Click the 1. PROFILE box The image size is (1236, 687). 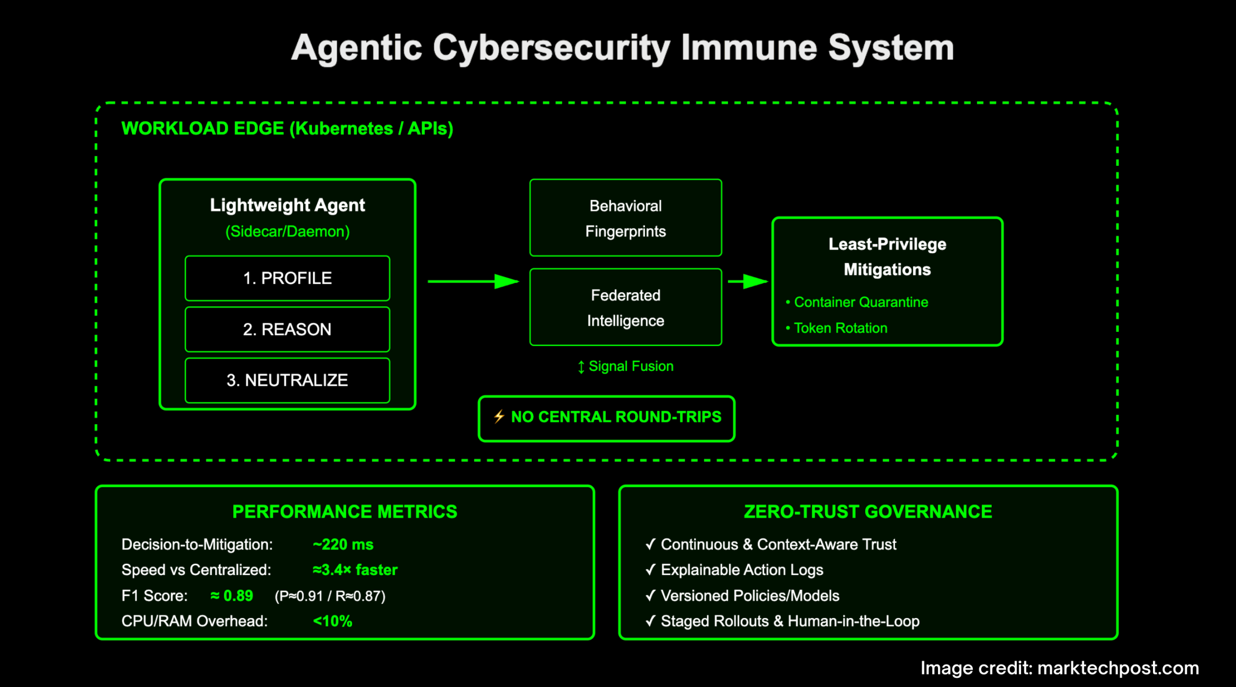pos(287,278)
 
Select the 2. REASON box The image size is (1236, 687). pos(287,329)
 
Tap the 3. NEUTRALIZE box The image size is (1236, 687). pos(287,380)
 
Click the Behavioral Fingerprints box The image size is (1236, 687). pos(625,218)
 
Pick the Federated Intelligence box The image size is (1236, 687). pos(625,308)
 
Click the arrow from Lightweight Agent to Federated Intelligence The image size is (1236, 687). pos(473,281)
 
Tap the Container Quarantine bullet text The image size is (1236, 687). pos(861,302)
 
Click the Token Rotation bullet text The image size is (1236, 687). pos(840,329)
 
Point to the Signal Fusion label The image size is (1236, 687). pos(630,366)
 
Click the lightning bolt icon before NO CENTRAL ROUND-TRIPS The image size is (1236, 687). pos(499,416)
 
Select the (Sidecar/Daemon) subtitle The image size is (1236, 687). pos(287,231)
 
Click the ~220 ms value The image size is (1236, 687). pos(343,544)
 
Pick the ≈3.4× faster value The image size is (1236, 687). pos(355,570)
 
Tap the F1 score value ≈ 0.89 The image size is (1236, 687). pos(232,596)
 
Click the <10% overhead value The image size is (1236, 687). pos(333,621)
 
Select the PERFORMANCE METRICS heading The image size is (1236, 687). pos(344,512)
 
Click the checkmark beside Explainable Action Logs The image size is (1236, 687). pos(650,570)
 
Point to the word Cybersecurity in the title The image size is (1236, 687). pos(551,48)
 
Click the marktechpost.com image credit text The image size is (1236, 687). pos(1118,668)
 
